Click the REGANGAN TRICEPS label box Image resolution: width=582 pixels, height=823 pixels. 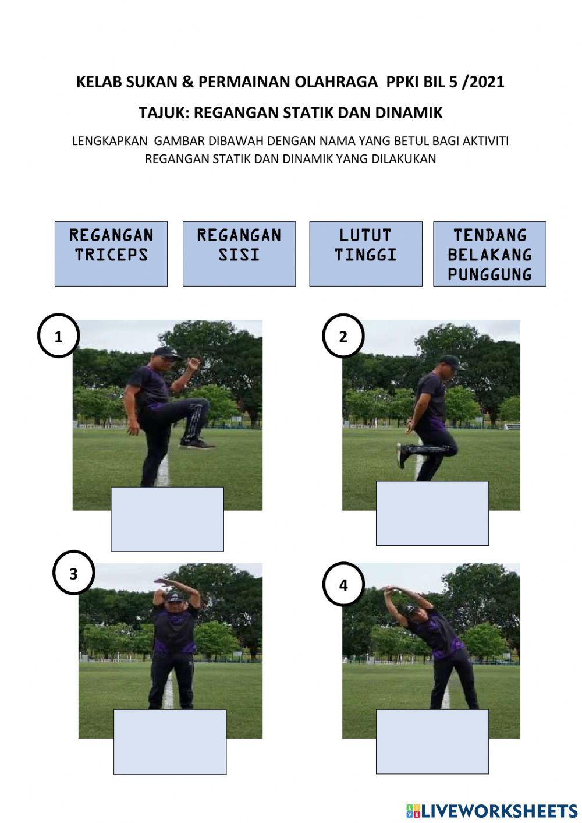pyautogui.click(x=111, y=254)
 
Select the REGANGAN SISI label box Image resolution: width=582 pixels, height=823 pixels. pyautogui.click(x=239, y=254)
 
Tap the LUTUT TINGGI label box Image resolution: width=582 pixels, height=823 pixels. pyautogui.click(x=365, y=254)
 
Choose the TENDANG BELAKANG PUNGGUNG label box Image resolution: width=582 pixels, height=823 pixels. pyautogui.click(x=489, y=254)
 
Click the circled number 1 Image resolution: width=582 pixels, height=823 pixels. pyautogui.click(x=58, y=336)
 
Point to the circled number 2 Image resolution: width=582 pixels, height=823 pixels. pyautogui.click(x=343, y=336)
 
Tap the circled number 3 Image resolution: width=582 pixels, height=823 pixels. pyautogui.click(x=74, y=574)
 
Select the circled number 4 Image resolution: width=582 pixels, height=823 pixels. pyautogui.click(x=344, y=584)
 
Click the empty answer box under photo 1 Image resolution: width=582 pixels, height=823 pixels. pyautogui.click(x=168, y=519)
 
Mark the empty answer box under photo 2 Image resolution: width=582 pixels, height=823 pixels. pyautogui.click(x=432, y=513)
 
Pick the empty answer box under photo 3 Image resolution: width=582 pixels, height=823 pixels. pyautogui.click(x=170, y=742)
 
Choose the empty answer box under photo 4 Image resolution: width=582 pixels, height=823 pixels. pyautogui.click(x=432, y=741)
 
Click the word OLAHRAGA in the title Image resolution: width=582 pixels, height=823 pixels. pyautogui.click(x=336, y=82)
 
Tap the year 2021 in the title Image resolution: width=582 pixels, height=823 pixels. pyautogui.click(x=487, y=82)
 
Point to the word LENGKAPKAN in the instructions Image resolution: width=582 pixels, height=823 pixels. pyautogui.click(x=109, y=141)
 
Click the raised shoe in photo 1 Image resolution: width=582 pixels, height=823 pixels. pyautogui.click(x=197, y=444)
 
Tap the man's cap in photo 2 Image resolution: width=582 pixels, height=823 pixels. pyautogui.click(x=452, y=361)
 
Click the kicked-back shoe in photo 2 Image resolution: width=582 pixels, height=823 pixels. pyautogui.click(x=401, y=455)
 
